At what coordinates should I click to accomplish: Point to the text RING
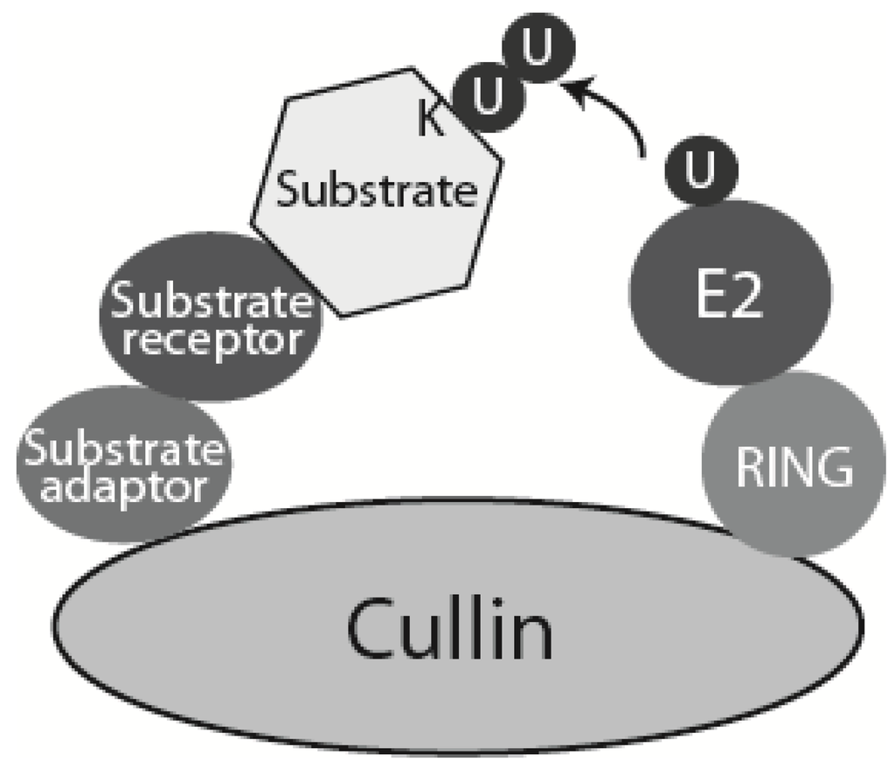click(793, 470)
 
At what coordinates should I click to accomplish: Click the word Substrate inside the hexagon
click(376, 190)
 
